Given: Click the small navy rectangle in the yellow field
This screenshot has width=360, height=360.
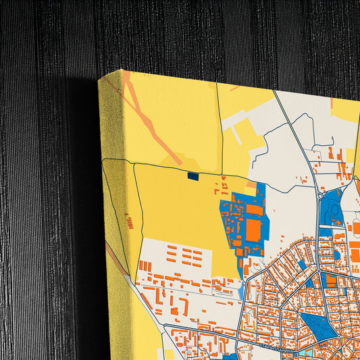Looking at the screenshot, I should pos(192,176).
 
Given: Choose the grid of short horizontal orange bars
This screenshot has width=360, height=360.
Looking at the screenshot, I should pos(184,255).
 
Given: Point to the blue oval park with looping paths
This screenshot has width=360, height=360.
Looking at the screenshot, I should pos(334,209).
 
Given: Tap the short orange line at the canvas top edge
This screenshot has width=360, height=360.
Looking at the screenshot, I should pos(236,87).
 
